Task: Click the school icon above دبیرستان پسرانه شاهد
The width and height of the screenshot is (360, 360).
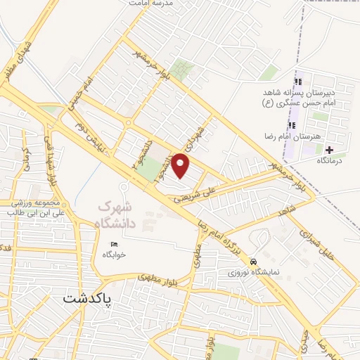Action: [x=290, y=82]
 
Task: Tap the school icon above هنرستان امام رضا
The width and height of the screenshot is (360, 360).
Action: [x=291, y=125]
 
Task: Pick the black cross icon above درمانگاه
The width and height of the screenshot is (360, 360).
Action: [x=329, y=150]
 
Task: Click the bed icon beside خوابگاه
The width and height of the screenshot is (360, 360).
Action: [x=114, y=244]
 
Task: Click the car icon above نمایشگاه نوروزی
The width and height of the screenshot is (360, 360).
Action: [x=254, y=260]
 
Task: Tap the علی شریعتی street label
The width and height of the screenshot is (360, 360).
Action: [x=211, y=190]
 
